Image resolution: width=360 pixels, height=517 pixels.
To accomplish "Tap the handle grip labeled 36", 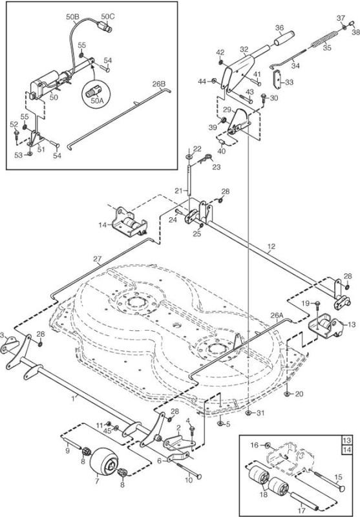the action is click(284, 38).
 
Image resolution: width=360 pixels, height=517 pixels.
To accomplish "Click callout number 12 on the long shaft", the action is click(271, 246).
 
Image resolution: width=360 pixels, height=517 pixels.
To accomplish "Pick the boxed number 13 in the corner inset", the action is click(347, 441).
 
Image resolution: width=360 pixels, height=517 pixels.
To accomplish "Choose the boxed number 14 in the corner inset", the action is click(347, 449).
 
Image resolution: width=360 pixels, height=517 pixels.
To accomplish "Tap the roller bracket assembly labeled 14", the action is click(129, 223).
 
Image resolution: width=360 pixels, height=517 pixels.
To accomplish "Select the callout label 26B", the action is click(158, 84).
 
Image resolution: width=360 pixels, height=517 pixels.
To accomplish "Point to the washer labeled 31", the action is click(249, 412).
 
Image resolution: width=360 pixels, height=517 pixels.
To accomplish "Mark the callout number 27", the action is click(97, 259).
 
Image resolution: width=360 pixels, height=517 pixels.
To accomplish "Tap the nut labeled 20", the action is click(287, 394).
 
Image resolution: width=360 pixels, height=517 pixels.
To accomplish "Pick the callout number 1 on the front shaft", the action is click(73, 398).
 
